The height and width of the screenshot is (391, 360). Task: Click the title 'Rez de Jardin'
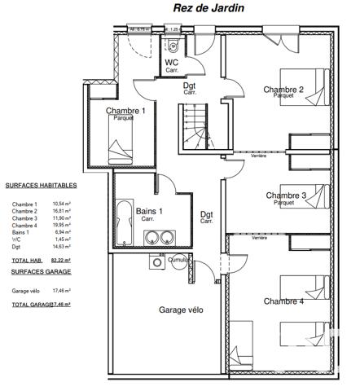(x=209, y=7)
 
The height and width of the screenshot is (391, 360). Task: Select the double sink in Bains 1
(x=160, y=238)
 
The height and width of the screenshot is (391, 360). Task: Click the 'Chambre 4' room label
(x=283, y=301)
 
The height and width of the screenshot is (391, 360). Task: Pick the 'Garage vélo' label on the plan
(x=181, y=310)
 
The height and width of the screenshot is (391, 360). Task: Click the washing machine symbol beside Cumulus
(x=156, y=262)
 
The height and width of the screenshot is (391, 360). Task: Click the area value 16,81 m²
(x=61, y=210)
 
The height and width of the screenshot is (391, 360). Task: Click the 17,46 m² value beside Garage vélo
(x=61, y=290)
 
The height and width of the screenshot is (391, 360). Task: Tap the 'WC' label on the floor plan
(x=173, y=63)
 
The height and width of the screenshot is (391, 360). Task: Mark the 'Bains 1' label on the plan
(x=148, y=211)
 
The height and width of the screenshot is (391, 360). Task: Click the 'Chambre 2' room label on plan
(x=283, y=89)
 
